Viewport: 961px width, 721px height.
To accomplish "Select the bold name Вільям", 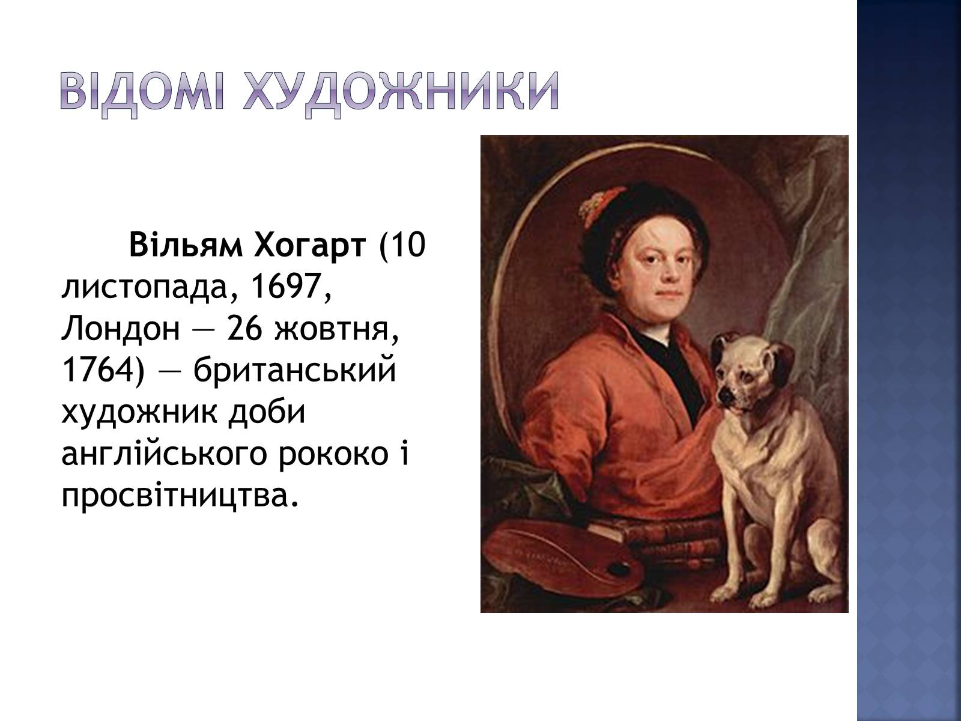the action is (186, 245).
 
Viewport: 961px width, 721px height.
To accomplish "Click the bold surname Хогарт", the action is (310, 245).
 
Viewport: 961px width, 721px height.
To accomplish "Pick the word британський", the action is (295, 371).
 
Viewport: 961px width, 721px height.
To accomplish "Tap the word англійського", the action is (164, 455).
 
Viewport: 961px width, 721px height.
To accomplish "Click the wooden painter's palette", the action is (561, 559).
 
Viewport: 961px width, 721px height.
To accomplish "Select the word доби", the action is (266, 413).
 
